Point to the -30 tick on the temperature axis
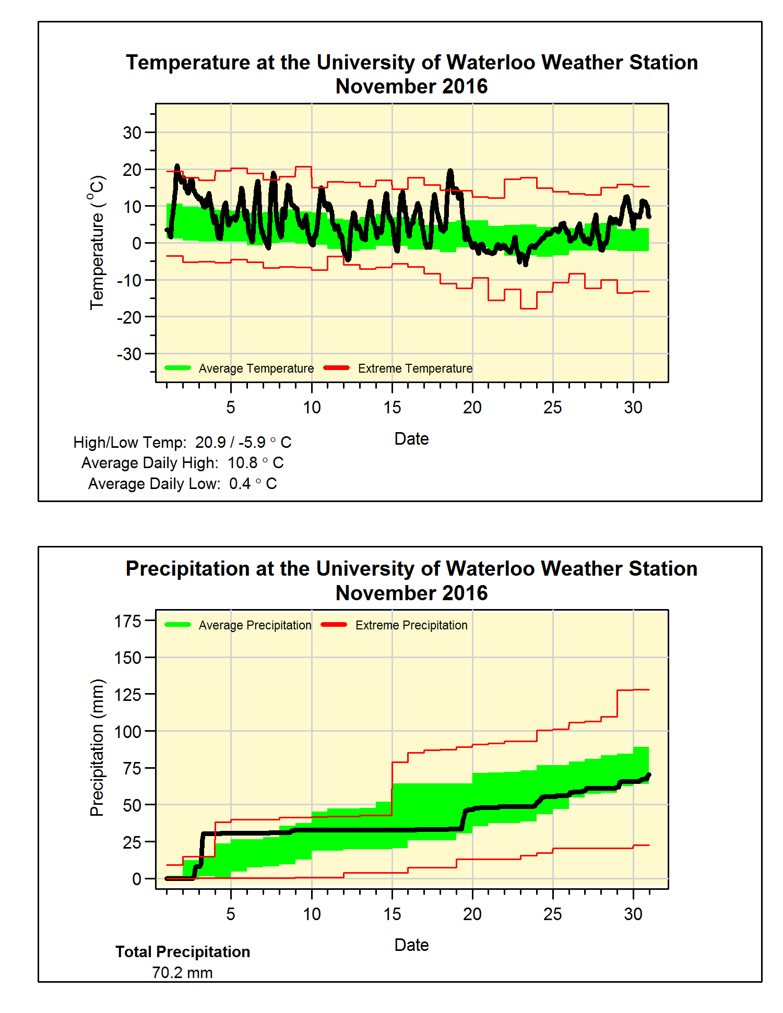(129, 354)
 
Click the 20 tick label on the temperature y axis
(132, 170)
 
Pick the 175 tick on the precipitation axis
(128, 622)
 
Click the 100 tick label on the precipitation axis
(128, 732)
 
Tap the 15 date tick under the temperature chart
(392, 408)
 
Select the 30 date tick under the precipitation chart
(633, 914)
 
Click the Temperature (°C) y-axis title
(97, 243)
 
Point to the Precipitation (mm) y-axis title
(97, 747)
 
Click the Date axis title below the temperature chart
(411, 439)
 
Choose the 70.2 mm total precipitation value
(182, 973)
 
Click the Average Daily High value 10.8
(242, 463)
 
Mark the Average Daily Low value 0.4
(240, 484)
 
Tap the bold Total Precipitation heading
(183, 952)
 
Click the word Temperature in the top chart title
(188, 63)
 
